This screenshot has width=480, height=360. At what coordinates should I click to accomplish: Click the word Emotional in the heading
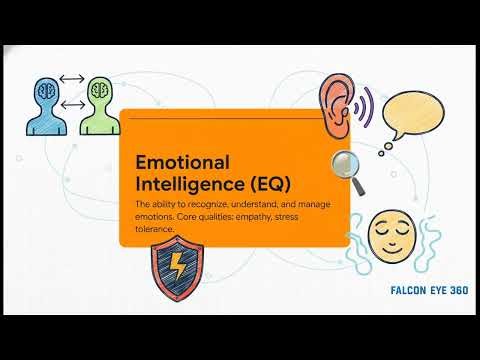click(181, 162)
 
